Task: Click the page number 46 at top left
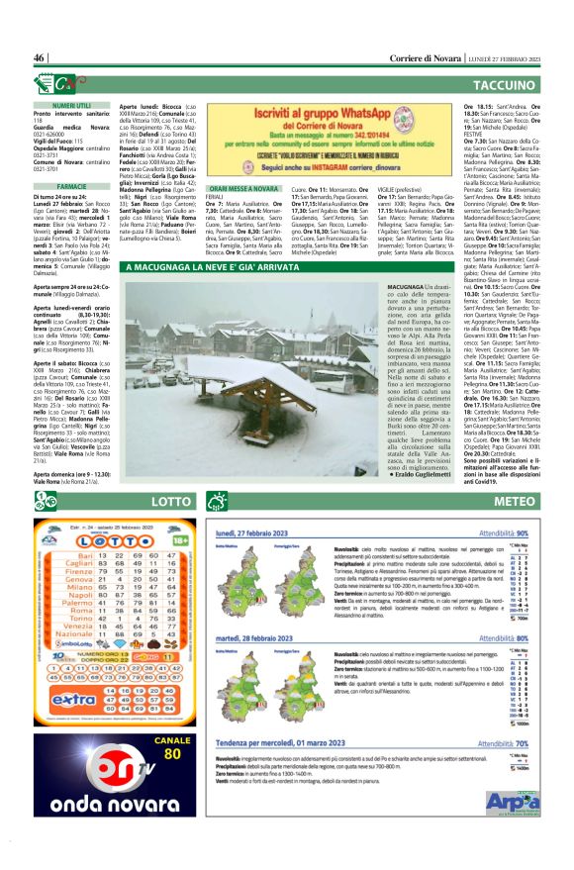pos(41,57)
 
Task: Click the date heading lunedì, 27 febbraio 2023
pos(264,532)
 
